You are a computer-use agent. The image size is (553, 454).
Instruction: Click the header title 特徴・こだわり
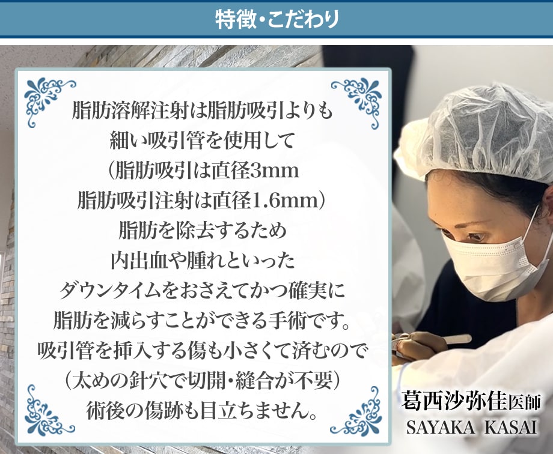tap(277, 19)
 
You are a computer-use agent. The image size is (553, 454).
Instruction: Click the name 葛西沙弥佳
tap(454, 401)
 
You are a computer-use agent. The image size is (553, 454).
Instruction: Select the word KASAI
tap(511, 427)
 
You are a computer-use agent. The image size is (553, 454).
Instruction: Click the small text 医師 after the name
tap(524, 403)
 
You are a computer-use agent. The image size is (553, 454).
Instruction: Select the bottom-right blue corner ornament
tap(358, 412)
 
